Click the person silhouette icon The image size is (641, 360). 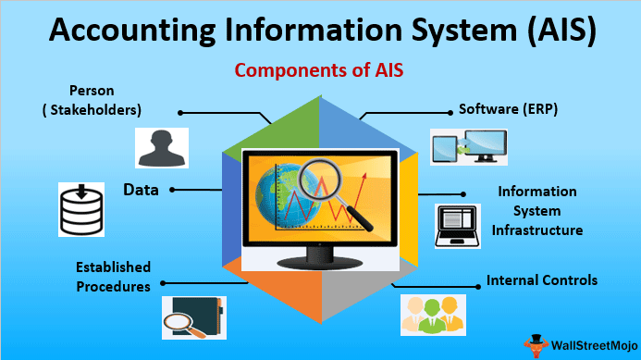(160, 147)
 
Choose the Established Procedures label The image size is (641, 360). (113, 277)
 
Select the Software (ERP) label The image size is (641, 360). (509, 109)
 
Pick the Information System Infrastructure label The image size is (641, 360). (536, 210)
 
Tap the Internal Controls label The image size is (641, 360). (541, 279)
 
